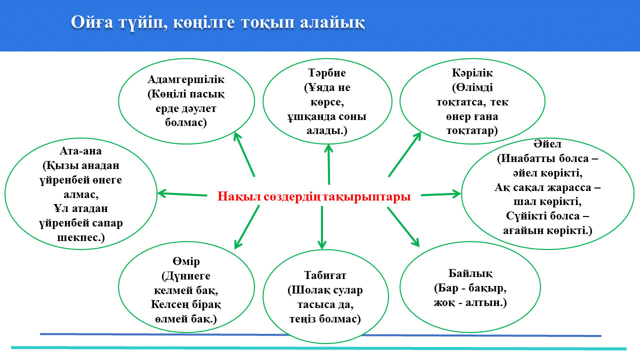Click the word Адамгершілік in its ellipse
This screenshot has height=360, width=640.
[x=186, y=79]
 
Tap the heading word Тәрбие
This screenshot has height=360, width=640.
[x=328, y=73]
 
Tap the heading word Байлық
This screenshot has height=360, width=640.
[x=470, y=273]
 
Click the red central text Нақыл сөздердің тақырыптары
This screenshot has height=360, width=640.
[x=314, y=196]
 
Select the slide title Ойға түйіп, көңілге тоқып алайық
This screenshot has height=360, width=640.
[x=217, y=22]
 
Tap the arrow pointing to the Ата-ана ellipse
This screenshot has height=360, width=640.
[x=182, y=193]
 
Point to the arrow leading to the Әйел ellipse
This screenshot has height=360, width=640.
[x=440, y=194]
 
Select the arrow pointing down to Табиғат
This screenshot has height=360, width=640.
[x=321, y=227]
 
